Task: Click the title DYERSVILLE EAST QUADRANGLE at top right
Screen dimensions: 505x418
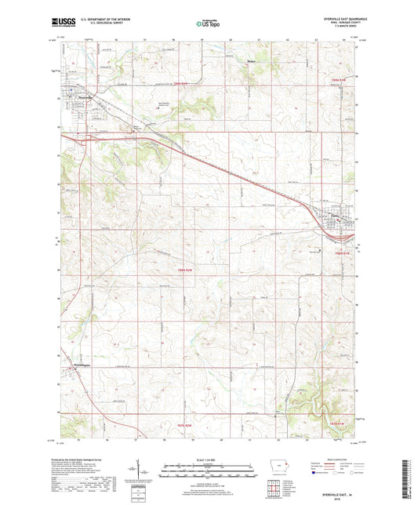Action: [339, 19]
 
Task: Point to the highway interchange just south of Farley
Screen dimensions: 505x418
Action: [340, 230]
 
